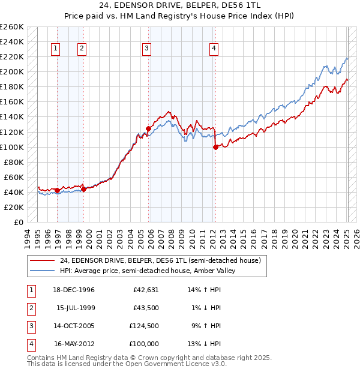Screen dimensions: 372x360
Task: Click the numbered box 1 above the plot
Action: (x=55, y=49)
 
